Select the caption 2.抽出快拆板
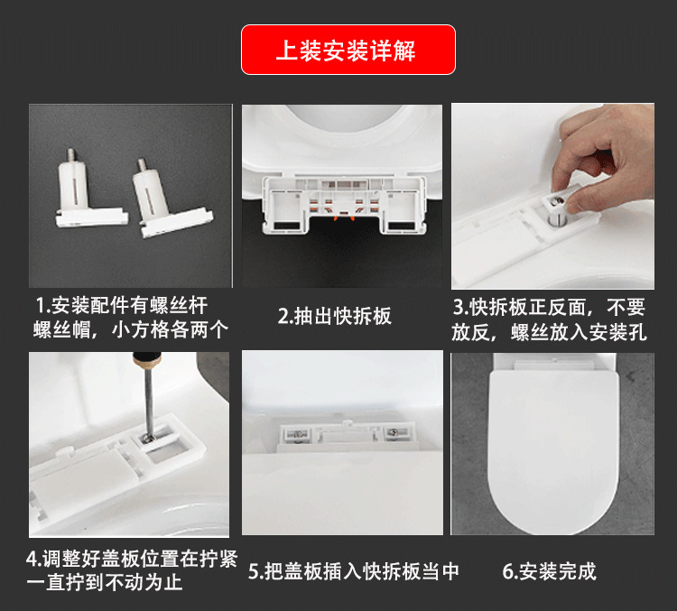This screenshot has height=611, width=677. tap(334, 316)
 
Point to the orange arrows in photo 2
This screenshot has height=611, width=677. tap(340, 217)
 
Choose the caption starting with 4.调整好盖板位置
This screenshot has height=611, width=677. tap(131, 559)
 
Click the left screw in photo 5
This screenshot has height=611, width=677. tap(299, 436)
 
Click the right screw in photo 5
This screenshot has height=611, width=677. tap(394, 435)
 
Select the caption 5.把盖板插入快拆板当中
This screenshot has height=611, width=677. tap(354, 570)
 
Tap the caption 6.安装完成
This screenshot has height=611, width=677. tap(549, 570)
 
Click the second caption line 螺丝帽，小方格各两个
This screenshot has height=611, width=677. tap(131, 329)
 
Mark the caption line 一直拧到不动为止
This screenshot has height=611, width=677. tap(105, 583)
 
